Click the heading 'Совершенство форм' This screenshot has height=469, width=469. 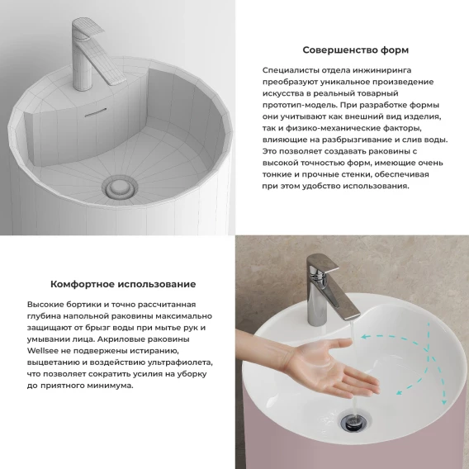[355, 50]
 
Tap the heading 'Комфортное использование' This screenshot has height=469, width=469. [123, 284]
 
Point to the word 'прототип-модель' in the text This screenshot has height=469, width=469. [300, 106]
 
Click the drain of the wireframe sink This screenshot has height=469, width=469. [120, 187]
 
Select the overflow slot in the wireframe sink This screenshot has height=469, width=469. [96, 112]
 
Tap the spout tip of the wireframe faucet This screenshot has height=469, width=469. [118, 80]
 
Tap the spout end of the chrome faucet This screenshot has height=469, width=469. [353, 316]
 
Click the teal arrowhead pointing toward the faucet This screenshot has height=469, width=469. [364, 337]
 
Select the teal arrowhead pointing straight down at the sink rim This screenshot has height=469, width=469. [444, 401]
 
